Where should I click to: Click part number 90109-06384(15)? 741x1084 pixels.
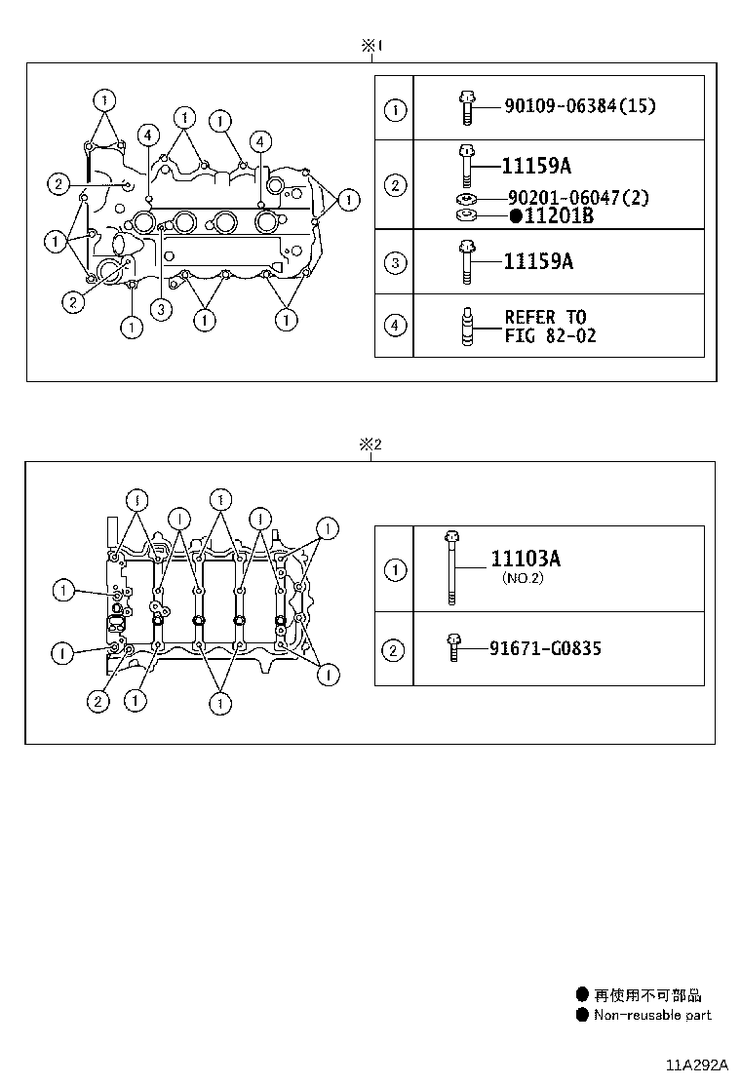(579, 105)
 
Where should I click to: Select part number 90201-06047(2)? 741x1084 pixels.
(578, 198)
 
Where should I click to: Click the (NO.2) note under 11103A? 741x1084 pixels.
(523, 578)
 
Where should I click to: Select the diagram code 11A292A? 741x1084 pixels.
(697, 1065)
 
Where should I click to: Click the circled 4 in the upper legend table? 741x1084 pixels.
(394, 326)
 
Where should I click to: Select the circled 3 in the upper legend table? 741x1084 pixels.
(394, 262)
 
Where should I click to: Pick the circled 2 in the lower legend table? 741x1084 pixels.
(394, 649)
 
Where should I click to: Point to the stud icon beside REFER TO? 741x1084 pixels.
(466, 326)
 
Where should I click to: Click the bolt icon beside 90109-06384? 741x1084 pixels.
(466, 106)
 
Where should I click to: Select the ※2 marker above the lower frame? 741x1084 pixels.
(370, 445)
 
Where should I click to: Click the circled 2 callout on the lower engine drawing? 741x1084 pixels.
(97, 700)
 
